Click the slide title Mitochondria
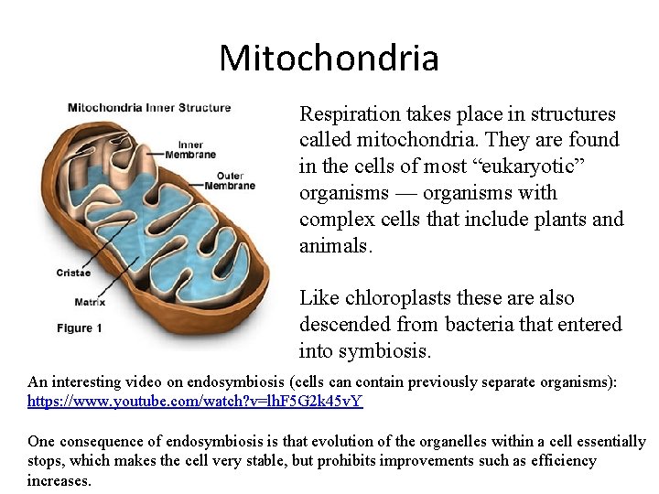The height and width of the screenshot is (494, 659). tap(329, 58)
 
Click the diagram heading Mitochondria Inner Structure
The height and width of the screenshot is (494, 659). tap(149, 107)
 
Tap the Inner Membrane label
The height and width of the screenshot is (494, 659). tap(190, 149)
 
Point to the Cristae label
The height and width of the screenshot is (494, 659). tap(73, 272)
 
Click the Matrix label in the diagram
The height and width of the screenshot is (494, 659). tap(90, 302)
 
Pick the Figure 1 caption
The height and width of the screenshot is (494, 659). tap(80, 328)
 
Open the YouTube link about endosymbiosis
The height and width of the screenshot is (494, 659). tap(195, 401)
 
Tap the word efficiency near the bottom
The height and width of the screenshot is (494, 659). tap(561, 460)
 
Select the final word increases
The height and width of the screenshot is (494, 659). tap(59, 479)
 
